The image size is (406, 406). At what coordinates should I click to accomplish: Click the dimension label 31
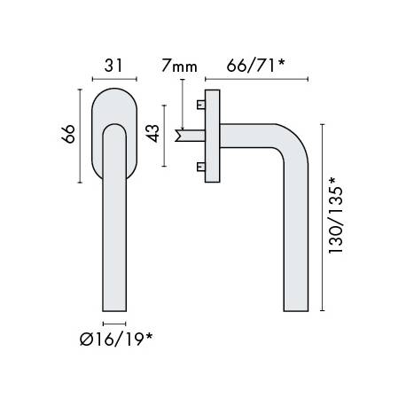113,66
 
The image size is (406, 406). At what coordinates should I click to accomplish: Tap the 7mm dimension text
179,66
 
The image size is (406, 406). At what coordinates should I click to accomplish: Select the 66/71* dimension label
255,66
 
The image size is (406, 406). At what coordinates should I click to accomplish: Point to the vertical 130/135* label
336,215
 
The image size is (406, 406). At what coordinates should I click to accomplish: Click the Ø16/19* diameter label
116,339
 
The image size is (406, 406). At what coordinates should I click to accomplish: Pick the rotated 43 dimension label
153,134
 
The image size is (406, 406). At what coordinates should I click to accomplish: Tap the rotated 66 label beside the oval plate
68,134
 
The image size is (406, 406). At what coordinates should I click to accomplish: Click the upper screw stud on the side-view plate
201,105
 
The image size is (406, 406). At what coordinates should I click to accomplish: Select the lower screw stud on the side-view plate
201,167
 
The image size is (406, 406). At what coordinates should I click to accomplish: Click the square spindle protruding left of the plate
190,136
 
